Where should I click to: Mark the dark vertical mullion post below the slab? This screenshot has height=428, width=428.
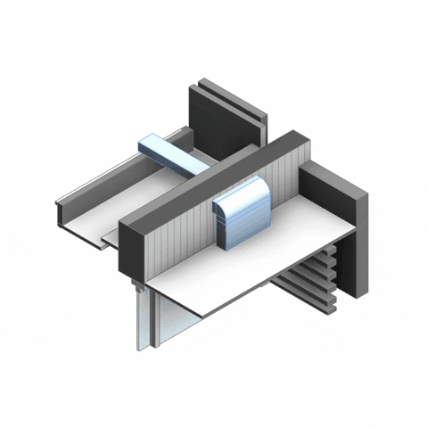[x=152, y=321]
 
